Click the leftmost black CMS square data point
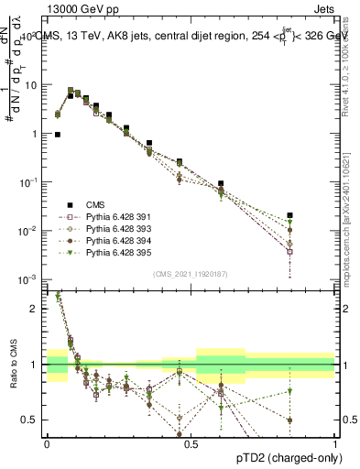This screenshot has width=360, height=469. pyautogui.click(x=58, y=135)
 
